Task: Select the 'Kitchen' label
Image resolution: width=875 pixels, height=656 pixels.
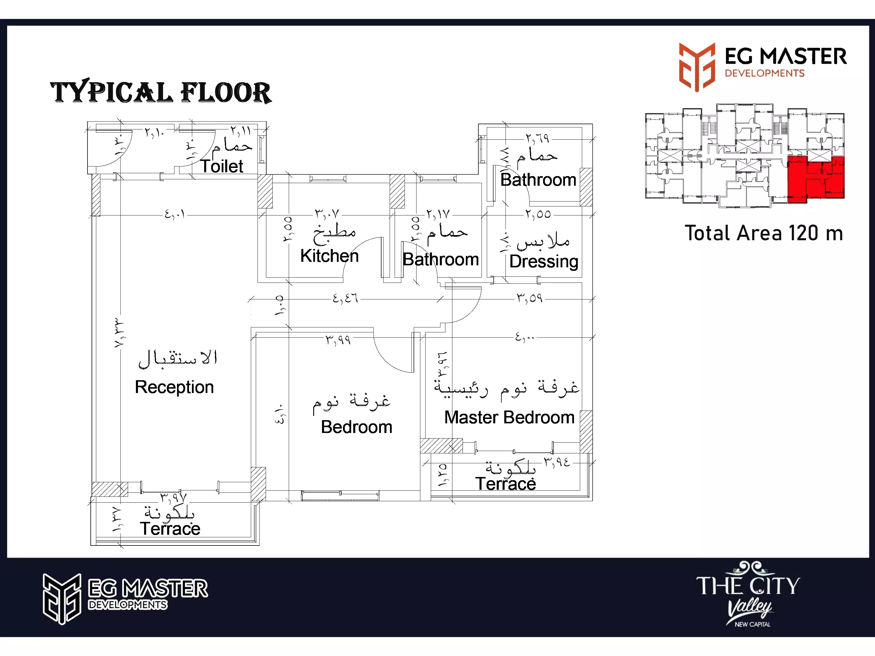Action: coord(329,256)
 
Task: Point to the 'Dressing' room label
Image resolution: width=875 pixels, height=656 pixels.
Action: coord(543,261)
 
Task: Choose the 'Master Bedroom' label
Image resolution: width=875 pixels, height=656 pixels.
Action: coord(509,418)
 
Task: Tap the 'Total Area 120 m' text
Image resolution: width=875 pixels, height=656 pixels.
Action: coord(764,233)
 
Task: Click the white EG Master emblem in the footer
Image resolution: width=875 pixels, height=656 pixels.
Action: coord(62,599)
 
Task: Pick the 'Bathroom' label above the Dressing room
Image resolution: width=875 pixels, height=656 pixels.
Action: coord(538,180)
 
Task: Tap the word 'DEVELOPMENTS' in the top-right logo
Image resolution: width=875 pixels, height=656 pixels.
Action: coord(764,73)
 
